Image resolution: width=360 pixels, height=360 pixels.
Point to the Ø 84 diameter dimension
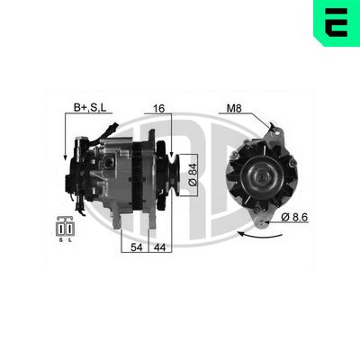[193, 171]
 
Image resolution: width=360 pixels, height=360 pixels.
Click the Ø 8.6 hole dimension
[300, 217]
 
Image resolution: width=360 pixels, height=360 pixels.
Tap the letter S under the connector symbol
[60, 239]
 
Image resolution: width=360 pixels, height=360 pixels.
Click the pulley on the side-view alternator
[171, 168]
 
